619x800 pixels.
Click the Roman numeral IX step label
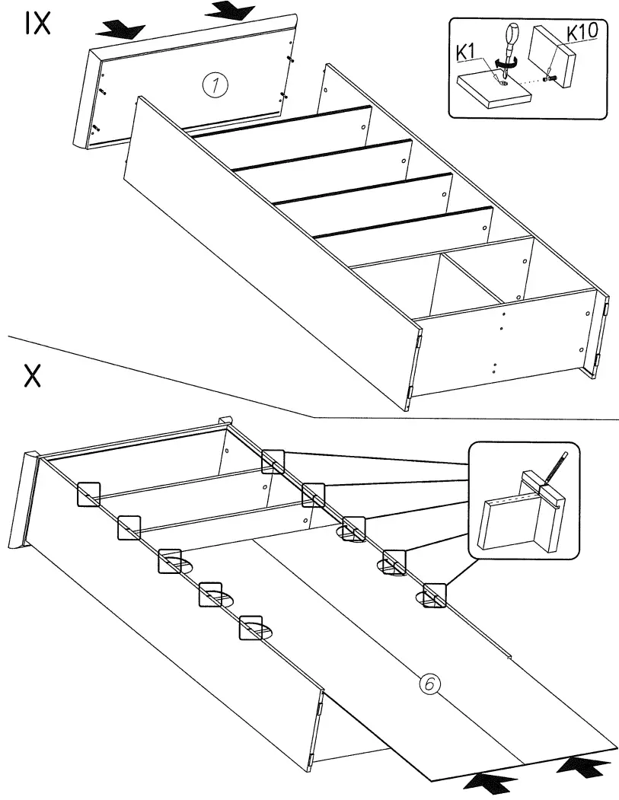(37, 24)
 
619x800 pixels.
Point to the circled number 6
(429, 684)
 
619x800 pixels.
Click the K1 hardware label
(468, 53)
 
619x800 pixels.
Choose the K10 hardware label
(582, 33)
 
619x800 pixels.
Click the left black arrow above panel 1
(121, 30)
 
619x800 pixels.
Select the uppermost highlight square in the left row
(89, 494)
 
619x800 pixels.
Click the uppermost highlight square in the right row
(273, 461)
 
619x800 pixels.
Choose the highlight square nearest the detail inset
(434, 594)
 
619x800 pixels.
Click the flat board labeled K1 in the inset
(491, 88)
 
